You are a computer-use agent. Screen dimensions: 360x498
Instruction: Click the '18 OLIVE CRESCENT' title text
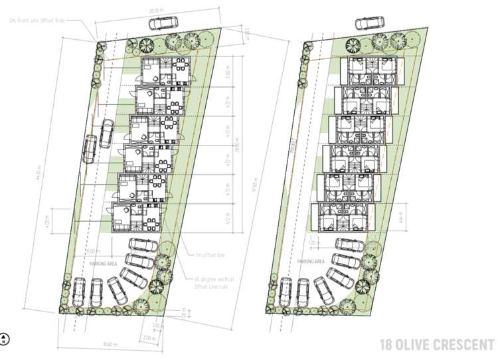click(435, 345)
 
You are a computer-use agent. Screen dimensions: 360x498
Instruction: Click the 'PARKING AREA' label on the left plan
click(102, 263)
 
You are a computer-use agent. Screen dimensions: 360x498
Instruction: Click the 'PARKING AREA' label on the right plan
click(311, 262)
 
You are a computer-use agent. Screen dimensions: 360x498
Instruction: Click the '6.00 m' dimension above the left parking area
click(92, 250)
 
